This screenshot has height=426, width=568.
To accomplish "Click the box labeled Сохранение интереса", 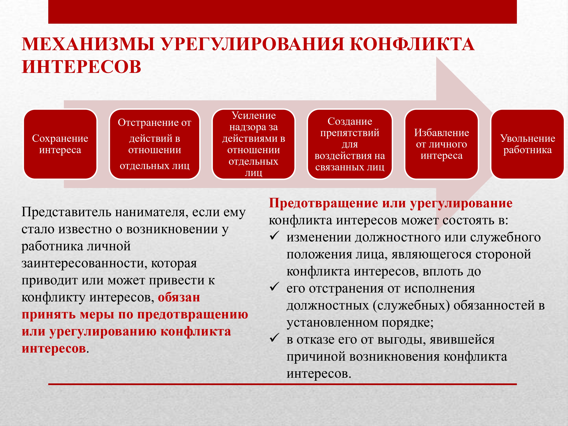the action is point(60,144).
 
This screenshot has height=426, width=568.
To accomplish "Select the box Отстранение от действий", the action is point(154,144).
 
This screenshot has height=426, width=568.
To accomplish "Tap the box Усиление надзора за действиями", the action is point(254,144).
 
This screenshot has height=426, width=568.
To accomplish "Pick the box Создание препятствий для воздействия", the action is point(350,144).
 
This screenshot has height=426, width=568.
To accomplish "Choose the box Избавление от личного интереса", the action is point(441,144).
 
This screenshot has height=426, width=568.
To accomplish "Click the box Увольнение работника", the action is point(527,144).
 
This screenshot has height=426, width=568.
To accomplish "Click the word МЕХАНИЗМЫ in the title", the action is point(88,44).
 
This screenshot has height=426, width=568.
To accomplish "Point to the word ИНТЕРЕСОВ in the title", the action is point(81,67).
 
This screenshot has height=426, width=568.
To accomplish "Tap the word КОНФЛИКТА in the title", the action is point(412,44).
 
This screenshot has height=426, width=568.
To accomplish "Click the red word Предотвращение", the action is point(323,203).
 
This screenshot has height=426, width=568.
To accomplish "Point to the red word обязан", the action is point(179,297).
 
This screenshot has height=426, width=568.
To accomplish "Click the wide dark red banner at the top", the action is point(282,12).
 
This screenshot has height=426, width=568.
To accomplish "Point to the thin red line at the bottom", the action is point(282,384).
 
